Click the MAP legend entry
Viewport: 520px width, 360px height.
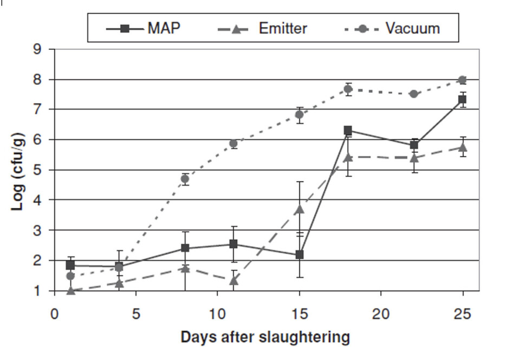[x=144, y=28]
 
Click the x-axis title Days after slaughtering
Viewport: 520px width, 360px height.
[x=265, y=337]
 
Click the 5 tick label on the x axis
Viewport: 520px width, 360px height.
[x=135, y=314]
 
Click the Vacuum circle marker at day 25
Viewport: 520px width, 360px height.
[x=462, y=80]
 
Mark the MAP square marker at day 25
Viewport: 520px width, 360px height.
[x=462, y=100]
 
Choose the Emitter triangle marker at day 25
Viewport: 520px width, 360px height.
[x=462, y=147]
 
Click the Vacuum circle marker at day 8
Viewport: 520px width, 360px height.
[x=185, y=178]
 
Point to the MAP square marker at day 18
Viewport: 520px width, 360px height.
[x=348, y=130]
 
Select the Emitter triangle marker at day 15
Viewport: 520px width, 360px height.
[x=299, y=209]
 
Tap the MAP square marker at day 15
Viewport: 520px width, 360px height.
[x=299, y=254]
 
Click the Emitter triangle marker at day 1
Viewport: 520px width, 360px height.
[x=70, y=291]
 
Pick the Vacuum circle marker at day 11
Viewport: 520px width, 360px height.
[x=233, y=144]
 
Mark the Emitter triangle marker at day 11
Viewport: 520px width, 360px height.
[x=233, y=280]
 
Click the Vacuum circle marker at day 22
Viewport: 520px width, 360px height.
[x=414, y=94]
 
